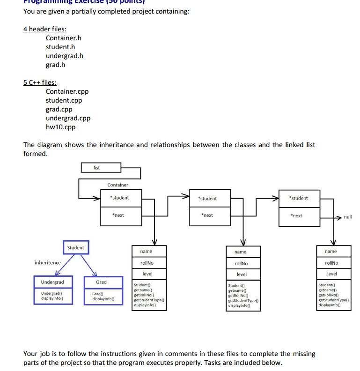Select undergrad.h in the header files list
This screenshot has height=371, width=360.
[65, 56]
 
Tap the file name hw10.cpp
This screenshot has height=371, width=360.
[60, 127]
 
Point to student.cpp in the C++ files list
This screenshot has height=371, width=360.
[64, 100]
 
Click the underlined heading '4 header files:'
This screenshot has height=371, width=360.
[45, 29]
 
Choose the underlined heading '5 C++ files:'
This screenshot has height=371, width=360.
[40, 82]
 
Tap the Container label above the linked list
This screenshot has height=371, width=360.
[118, 185]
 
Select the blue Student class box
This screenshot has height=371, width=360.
[75, 247]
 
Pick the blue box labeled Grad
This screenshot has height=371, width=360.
[102, 282]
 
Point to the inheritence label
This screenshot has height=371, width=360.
[48, 263]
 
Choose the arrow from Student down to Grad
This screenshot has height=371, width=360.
[88, 265]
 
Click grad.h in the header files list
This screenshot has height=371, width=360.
[55, 65]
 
